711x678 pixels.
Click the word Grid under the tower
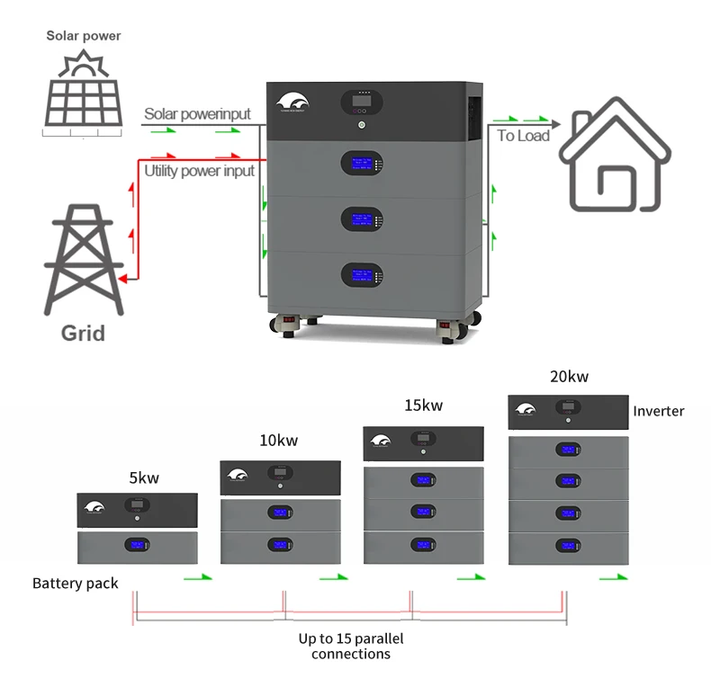coord(83,334)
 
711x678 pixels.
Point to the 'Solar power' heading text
coord(84,36)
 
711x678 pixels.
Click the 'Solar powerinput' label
coord(197,114)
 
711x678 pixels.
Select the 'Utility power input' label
coord(200,170)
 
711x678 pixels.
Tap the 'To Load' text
coord(523,136)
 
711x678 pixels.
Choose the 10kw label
coord(278,441)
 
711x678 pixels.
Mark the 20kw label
coord(569,377)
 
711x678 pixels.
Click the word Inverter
coord(658,411)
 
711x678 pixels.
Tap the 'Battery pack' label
coord(76,583)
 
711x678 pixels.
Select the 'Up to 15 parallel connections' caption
coord(351,646)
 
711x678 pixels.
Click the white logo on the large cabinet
coord(294,104)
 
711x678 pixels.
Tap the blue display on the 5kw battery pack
coord(137,546)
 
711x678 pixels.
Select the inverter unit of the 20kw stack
coord(568,412)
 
